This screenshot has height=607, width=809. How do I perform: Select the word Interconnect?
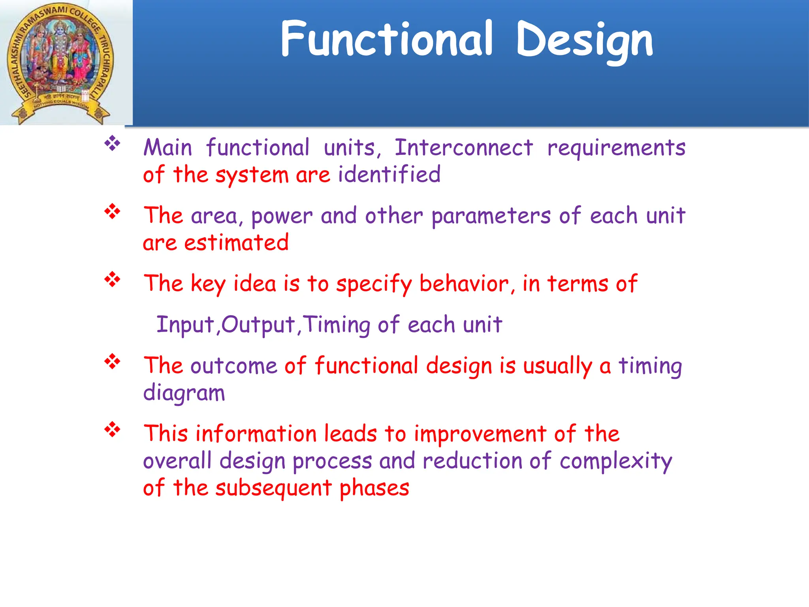click(464, 148)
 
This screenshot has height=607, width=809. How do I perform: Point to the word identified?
click(389, 174)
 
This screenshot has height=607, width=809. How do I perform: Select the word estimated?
click(236, 243)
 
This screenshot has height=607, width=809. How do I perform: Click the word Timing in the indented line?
click(337, 325)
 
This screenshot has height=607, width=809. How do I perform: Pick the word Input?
click(185, 325)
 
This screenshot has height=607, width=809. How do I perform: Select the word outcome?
click(234, 366)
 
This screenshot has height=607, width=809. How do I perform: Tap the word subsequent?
click(273, 489)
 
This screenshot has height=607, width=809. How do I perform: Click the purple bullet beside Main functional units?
click(112, 143)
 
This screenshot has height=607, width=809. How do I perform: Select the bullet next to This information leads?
click(112, 429)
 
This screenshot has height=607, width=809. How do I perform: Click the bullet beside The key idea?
click(112, 279)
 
